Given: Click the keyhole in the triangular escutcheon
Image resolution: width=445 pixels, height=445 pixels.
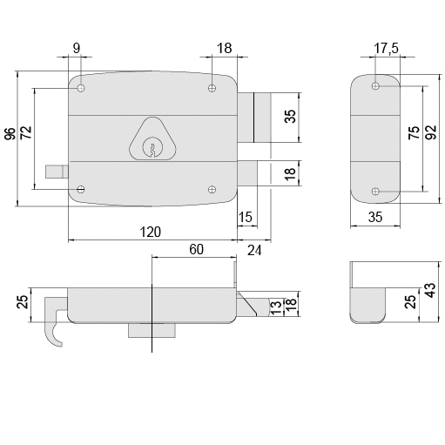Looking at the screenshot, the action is point(152,147).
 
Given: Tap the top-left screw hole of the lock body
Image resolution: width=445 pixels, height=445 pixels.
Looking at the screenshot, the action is point(81,88).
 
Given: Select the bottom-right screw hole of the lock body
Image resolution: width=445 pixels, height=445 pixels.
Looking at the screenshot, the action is point(212,190).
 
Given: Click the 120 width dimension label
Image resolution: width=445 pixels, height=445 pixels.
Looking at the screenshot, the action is point(151,233).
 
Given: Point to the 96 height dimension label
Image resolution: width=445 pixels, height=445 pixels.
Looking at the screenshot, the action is point(10,134).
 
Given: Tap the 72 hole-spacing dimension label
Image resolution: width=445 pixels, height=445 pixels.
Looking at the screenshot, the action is point(27,132).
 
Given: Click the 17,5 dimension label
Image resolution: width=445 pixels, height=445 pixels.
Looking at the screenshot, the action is point(386,48).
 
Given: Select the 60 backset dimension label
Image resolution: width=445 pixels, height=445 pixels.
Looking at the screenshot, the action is point(197,249).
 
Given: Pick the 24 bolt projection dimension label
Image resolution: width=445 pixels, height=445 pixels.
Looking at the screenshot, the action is point(254,250).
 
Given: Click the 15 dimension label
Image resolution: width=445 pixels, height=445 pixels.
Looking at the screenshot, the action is point(246,217).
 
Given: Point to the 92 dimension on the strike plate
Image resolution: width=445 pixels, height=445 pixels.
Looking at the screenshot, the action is point(432,132).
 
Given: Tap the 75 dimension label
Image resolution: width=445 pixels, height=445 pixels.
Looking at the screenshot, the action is point(415,132).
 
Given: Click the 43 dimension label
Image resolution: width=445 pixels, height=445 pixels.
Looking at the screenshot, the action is point(431,290).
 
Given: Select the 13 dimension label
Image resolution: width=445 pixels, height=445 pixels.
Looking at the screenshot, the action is point(276,307).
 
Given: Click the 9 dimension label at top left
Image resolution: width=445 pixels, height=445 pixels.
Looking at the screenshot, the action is point(76,48).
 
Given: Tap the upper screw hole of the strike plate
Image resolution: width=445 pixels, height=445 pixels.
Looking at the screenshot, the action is point(375,86).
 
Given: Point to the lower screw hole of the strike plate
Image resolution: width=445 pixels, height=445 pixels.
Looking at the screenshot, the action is point(375,192).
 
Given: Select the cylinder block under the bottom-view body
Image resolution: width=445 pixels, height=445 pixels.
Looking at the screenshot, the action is point(152,331).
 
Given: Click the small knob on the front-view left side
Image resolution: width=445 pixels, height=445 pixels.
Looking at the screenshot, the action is point(57,172).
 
